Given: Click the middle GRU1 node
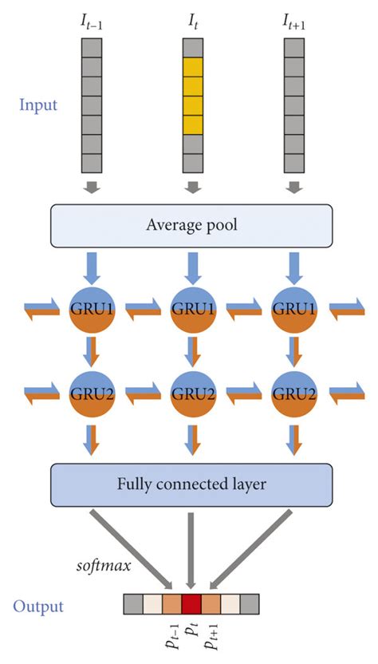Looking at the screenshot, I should pos(191,307).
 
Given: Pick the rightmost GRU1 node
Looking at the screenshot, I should pos(293,307).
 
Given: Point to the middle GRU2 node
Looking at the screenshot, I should pos(191,392).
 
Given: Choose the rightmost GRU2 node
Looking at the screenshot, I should pos(293,392).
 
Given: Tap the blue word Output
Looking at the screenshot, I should pos(37,607).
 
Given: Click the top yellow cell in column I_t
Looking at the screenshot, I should pos(191,66).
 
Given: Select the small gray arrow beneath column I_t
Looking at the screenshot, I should pos(191,188).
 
